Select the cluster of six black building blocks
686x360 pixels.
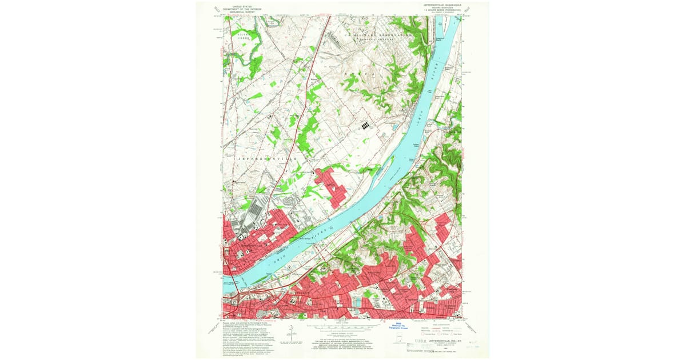point(365,125)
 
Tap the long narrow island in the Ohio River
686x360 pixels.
point(384,169)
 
